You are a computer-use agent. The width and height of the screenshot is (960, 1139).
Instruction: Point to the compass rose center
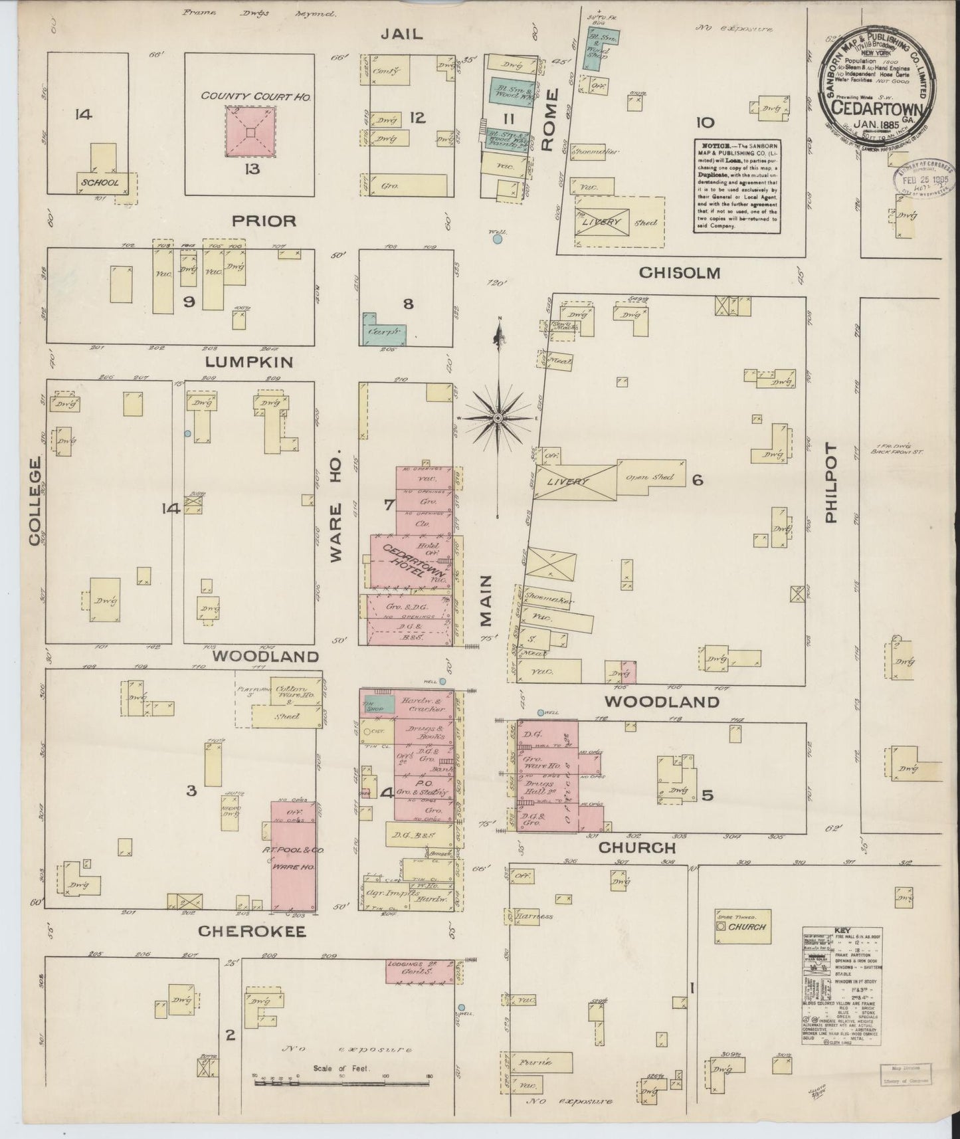497,417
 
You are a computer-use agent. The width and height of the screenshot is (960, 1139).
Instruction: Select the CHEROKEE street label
252,932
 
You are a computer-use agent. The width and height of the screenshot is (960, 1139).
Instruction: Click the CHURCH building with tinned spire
742,926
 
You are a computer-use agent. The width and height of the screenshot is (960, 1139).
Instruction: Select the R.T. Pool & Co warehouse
293,857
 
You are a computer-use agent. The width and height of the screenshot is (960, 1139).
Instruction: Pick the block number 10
705,122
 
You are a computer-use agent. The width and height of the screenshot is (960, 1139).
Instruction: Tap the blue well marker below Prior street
498,239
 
